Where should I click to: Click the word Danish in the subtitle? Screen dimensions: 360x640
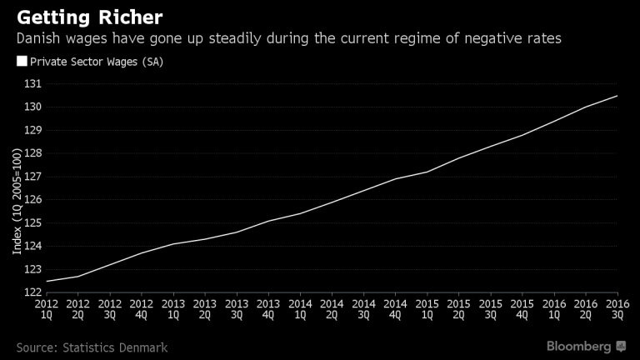pyautogui.click(x=37, y=38)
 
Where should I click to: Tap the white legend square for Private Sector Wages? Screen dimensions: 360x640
pyautogui.click(x=21, y=61)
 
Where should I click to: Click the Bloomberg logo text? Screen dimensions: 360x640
pyautogui.click(x=578, y=345)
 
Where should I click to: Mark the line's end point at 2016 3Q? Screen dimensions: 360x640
pyautogui.click(x=617, y=96)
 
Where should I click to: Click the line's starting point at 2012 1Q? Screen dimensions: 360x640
pyautogui.click(x=46, y=281)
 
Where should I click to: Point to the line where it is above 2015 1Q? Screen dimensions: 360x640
pyautogui.click(x=427, y=172)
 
